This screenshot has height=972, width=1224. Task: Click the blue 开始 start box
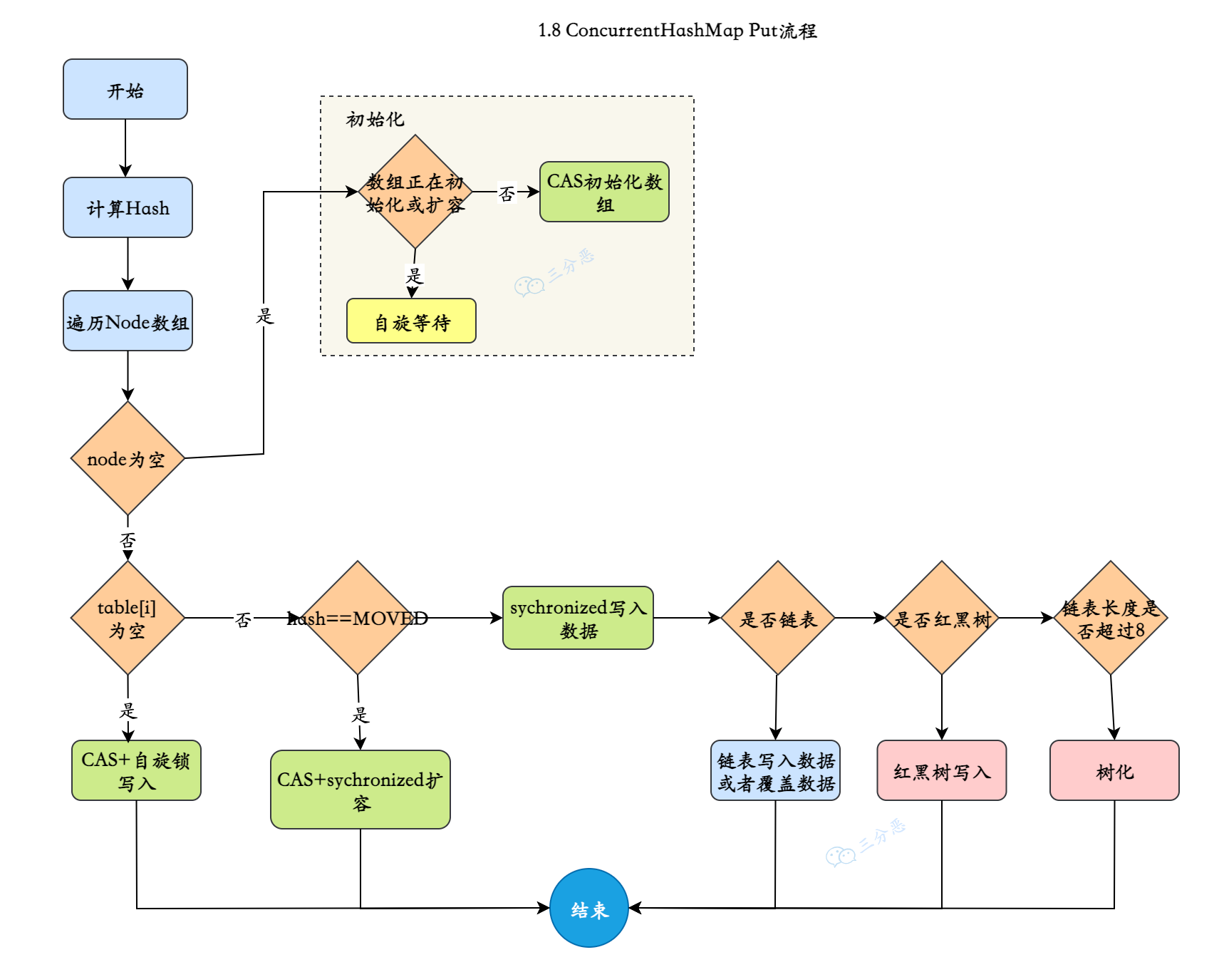(x=125, y=89)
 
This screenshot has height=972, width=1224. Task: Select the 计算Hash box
(x=128, y=207)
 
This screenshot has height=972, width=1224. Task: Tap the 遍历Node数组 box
(x=128, y=321)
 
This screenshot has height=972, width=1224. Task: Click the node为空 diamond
(x=128, y=458)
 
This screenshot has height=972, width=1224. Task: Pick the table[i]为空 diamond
(x=128, y=618)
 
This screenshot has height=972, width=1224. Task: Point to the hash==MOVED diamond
(x=357, y=618)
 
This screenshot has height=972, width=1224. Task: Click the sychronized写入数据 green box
(x=577, y=618)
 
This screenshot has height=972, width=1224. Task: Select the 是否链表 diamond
(x=777, y=618)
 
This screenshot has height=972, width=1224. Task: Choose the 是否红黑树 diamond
(x=941, y=618)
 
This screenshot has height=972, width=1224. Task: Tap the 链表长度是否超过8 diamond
(x=1110, y=618)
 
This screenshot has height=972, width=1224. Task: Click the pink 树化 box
(x=1114, y=770)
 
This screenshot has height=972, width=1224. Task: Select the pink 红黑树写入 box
(x=941, y=770)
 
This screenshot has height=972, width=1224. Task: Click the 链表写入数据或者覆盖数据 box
(x=775, y=770)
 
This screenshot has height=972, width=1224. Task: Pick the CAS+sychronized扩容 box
(x=360, y=790)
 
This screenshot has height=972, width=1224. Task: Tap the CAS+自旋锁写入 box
(x=136, y=770)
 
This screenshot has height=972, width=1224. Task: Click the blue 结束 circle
(x=588, y=908)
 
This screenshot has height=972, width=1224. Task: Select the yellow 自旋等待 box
(x=411, y=321)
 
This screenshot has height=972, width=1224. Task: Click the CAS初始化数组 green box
(x=604, y=192)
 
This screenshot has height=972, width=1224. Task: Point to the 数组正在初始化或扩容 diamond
(x=415, y=192)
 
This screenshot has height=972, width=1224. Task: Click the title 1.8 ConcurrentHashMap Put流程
(x=677, y=31)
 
